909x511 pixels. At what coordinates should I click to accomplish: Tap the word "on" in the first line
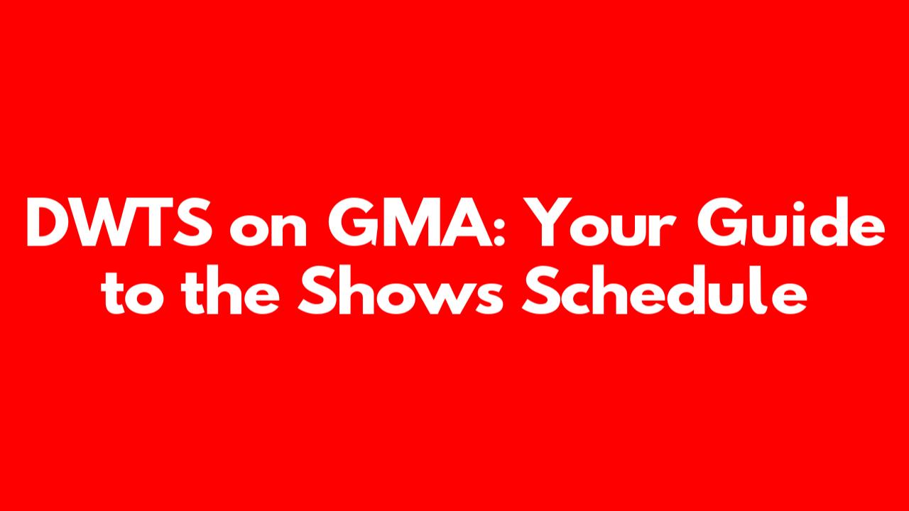pyautogui.click(x=268, y=230)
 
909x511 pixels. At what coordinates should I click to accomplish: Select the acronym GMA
pyautogui.click(x=410, y=222)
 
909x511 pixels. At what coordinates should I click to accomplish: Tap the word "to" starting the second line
pyautogui.click(x=133, y=293)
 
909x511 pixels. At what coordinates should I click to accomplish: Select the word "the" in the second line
pyautogui.click(x=231, y=290)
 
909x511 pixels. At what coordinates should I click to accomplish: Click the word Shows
pyautogui.click(x=401, y=290)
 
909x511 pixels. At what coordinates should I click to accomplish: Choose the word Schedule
pyautogui.click(x=664, y=290)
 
